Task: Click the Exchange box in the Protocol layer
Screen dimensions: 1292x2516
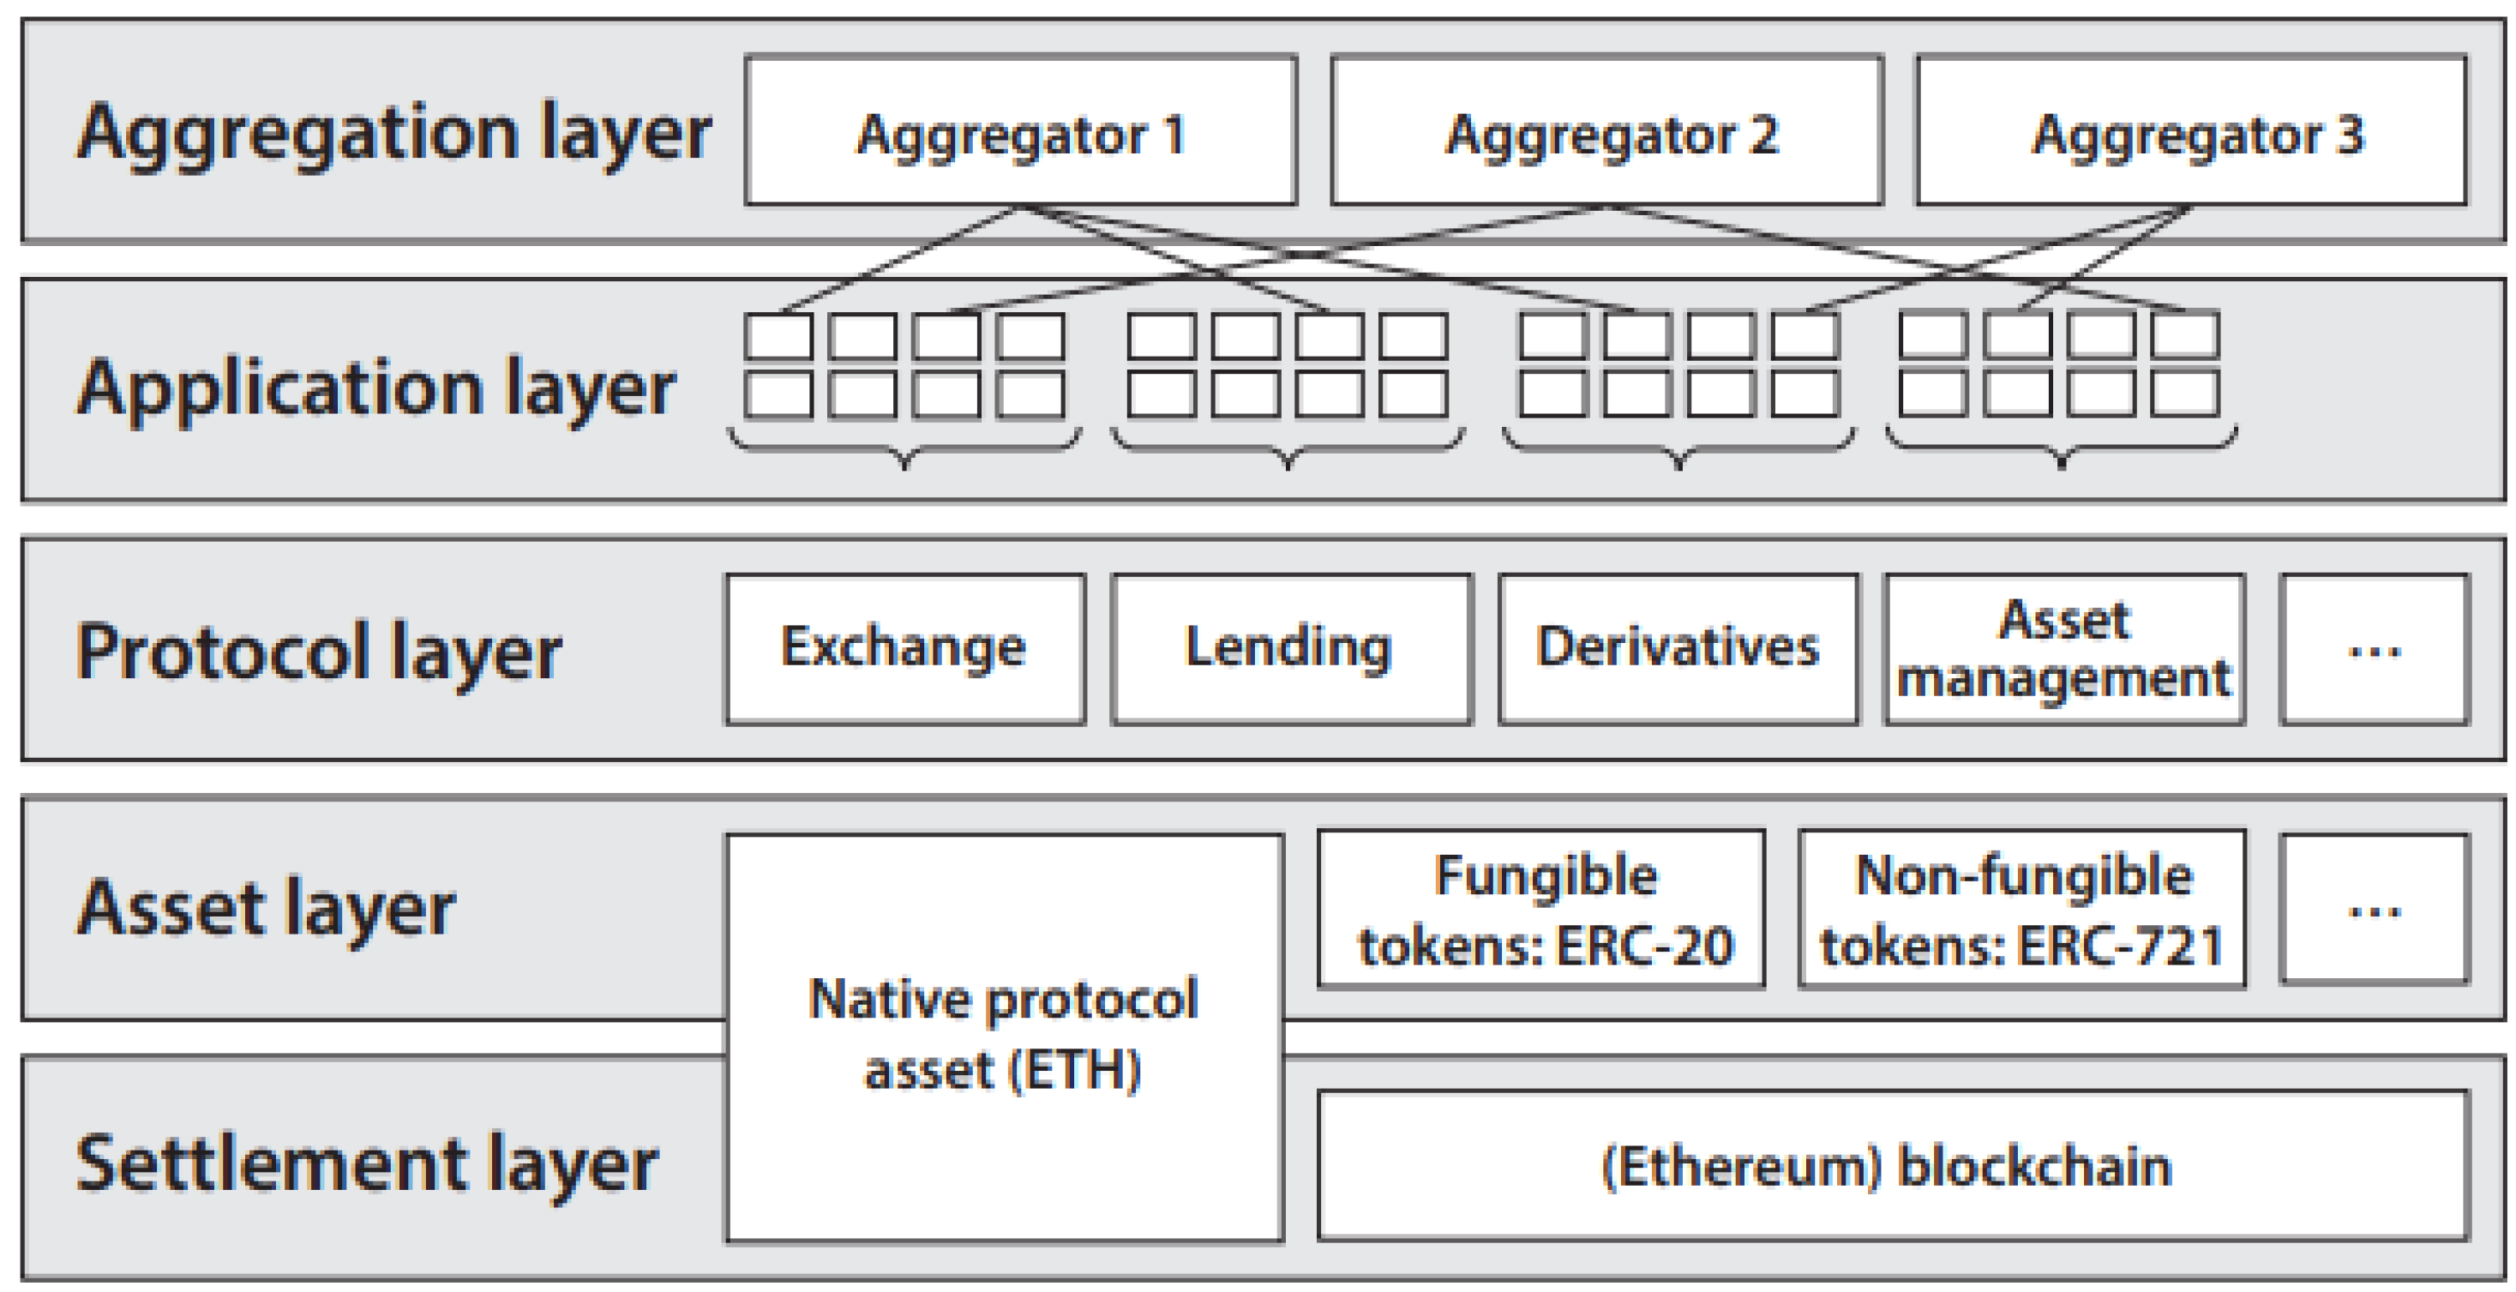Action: (904, 648)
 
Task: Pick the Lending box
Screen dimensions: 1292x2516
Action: (1290, 648)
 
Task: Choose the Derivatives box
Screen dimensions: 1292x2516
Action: (1677, 648)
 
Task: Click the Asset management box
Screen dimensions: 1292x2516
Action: (2063, 648)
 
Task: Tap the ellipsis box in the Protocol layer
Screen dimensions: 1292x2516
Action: (2374, 648)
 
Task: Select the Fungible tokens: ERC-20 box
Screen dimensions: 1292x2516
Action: (1541, 909)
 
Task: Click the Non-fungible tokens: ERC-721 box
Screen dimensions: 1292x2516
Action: (2021, 909)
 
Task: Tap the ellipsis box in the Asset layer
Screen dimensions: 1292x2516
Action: (2374, 909)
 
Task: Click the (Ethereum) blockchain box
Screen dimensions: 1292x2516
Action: (1892, 1166)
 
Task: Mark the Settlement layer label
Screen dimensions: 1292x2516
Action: (367, 1165)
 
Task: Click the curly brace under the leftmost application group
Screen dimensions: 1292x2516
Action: (904, 448)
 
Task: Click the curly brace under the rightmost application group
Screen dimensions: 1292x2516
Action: (2061, 448)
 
